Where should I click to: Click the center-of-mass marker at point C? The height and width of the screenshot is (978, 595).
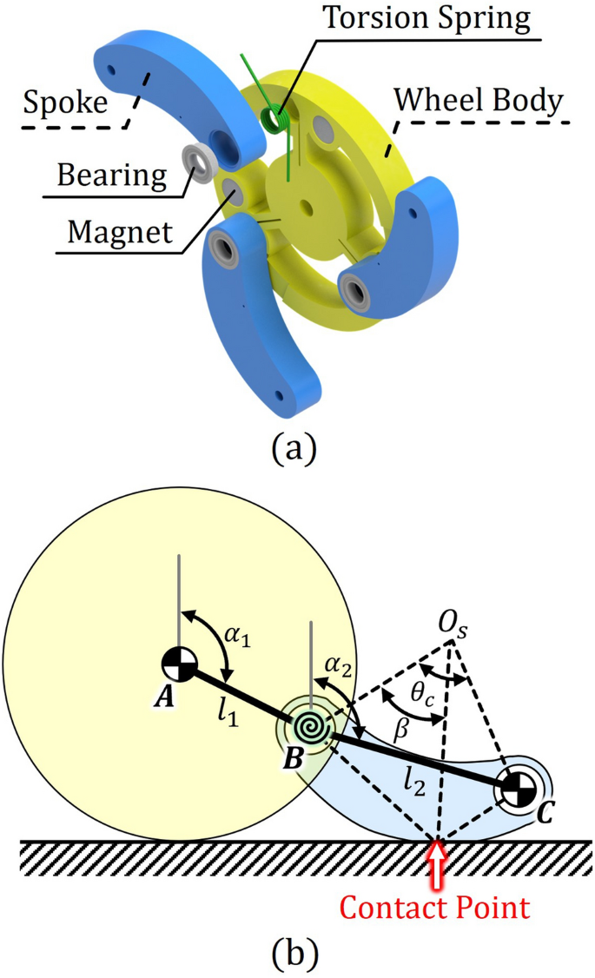pos(518,789)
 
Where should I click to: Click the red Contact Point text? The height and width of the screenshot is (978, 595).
pos(434,909)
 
